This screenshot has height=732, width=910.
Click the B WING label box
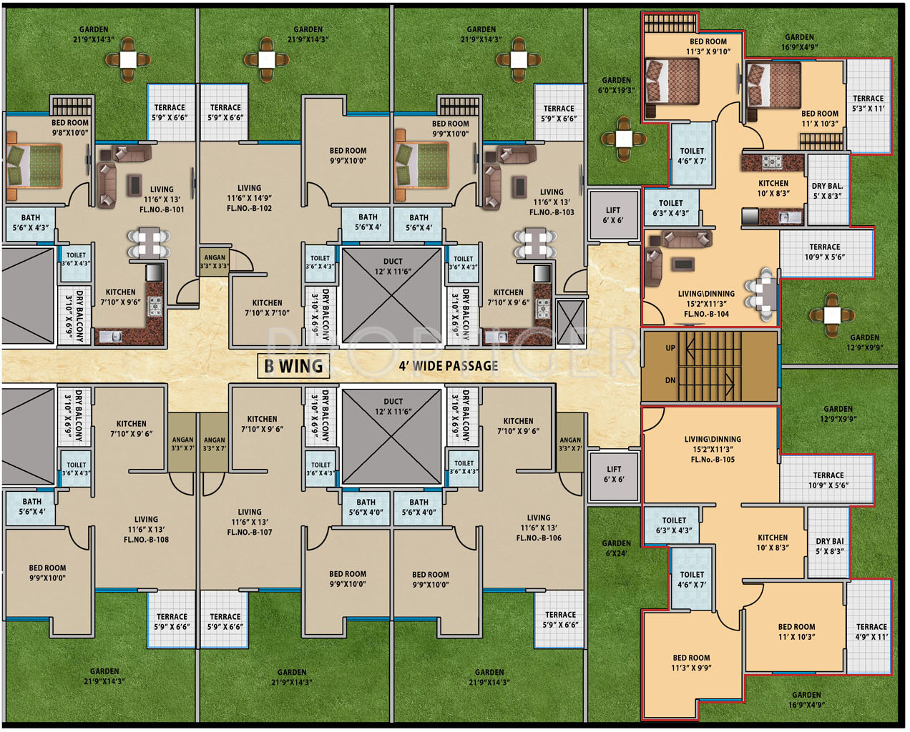pyautogui.click(x=293, y=366)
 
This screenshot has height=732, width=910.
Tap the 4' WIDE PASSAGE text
pyautogui.click(x=449, y=366)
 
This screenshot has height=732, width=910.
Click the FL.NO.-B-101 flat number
pyautogui.click(x=162, y=210)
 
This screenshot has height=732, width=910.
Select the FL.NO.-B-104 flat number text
pyautogui.click(x=706, y=314)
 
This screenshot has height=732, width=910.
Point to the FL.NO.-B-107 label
pyautogui.click(x=250, y=532)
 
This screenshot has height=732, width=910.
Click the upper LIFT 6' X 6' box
pyautogui.click(x=613, y=215)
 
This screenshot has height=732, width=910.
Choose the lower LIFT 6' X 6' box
pyautogui.click(x=614, y=475)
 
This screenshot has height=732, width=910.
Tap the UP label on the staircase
pyautogui.click(x=670, y=348)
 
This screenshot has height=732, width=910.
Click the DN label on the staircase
pyautogui.click(x=670, y=380)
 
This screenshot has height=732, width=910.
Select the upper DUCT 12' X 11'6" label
pyautogui.click(x=393, y=266)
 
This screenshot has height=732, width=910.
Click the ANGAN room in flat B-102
pyautogui.click(x=215, y=262)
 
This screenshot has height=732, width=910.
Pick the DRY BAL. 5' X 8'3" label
pyautogui.click(x=827, y=191)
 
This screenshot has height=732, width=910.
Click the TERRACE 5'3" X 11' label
pyautogui.click(x=869, y=104)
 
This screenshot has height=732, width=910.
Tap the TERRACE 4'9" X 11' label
pyautogui.click(x=871, y=631)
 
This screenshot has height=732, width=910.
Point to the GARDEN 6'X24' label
pyautogui.click(x=616, y=548)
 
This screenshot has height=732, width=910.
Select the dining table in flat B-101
pyautogui.click(x=149, y=243)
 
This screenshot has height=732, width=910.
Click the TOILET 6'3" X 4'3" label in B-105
pyautogui.click(x=674, y=525)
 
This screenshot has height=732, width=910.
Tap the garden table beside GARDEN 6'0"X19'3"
pyautogui.click(x=624, y=139)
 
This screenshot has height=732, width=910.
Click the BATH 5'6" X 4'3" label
pyautogui.click(x=31, y=222)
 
